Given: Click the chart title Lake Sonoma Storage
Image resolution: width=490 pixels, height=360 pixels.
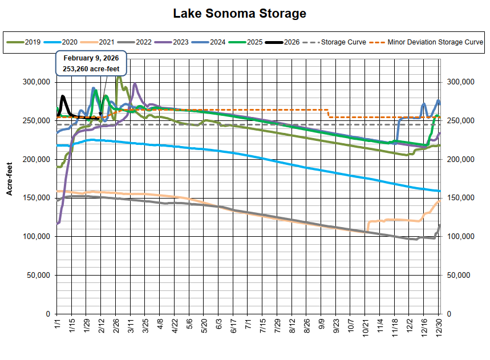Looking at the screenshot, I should tap(240, 13).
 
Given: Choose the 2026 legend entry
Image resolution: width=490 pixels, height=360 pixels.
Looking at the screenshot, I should tap(285, 42).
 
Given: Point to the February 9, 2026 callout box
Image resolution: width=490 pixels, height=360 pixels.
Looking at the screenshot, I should tap(91, 63).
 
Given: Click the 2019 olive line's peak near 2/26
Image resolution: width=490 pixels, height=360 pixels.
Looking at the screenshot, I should tap(118, 76).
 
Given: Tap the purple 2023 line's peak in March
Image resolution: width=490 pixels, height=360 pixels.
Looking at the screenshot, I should tap(135, 84).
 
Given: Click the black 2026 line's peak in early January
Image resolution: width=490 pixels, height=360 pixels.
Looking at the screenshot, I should tap(62, 96).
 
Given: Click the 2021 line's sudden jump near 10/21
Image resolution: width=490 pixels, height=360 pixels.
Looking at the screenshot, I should tap(369, 225).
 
